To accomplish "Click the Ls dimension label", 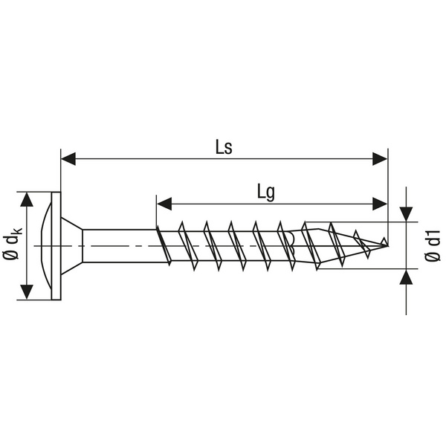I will click(223, 146).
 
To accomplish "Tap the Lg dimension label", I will click(265, 191).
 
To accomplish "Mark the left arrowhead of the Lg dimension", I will click(164, 203).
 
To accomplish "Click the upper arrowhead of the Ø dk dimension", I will click(28, 199).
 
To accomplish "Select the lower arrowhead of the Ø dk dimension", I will click(28, 291).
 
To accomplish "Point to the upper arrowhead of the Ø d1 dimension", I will click(406, 214).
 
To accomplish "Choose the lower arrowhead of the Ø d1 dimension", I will click(406, 277).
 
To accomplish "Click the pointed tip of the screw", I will click(385, 243).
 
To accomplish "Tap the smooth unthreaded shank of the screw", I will click(119, 245).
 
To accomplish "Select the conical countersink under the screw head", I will click(71, 245).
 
